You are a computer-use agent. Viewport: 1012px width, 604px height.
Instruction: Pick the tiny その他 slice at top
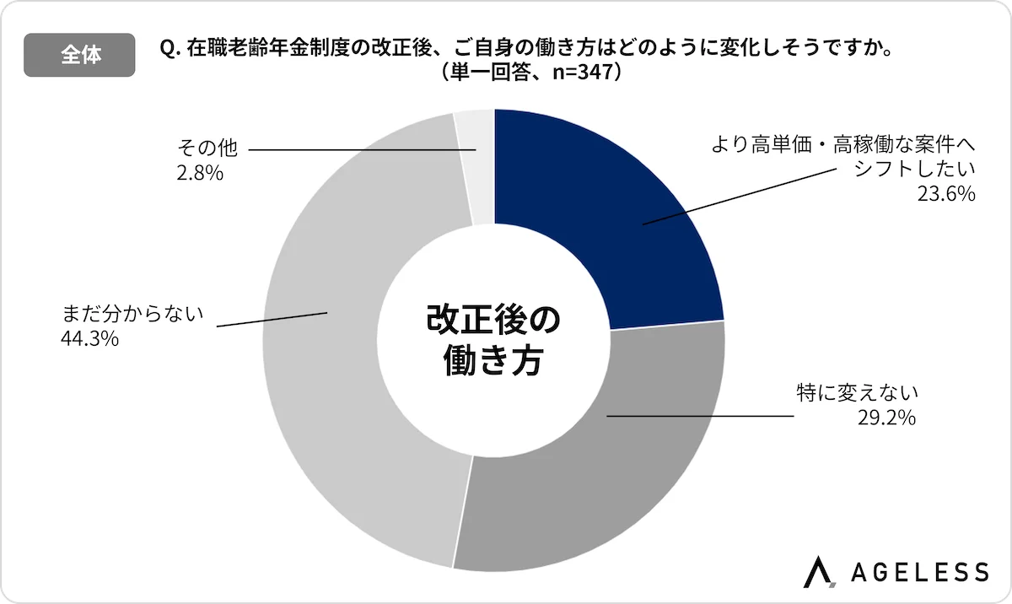tap(474, 169)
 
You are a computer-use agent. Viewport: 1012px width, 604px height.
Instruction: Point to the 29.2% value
tap(887, 417)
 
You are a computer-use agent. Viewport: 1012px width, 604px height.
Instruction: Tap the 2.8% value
tap(200, 173)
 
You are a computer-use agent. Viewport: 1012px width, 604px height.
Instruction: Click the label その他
tap(207, 149)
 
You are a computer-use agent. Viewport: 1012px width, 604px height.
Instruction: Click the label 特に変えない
tap(855, 392)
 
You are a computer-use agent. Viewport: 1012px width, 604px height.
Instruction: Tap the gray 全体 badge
tap(80, 55)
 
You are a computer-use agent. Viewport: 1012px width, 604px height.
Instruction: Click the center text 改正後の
tap(493, 321)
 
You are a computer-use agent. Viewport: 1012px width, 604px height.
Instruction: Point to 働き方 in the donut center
tap(493, 363)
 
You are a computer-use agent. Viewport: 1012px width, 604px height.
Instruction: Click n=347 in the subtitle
tap(578, 72)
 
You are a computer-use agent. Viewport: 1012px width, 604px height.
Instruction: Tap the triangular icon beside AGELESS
tap(817, 571)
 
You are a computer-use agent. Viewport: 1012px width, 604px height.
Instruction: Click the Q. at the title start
tap(168, 49)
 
